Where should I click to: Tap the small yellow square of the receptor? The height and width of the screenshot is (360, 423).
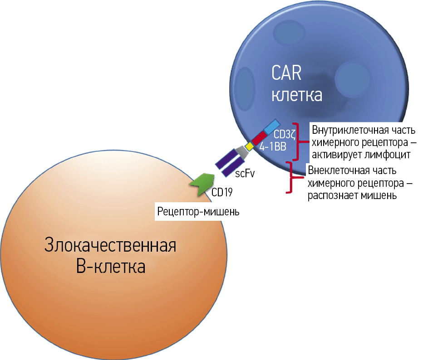[x=249, y=146]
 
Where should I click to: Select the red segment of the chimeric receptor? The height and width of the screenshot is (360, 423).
[x=259, y=137]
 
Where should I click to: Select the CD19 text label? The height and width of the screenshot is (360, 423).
[x=222, y=192]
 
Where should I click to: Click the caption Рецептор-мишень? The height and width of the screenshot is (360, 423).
[x=198, y=211]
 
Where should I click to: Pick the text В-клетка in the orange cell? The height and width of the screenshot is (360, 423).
[x=110, y=267]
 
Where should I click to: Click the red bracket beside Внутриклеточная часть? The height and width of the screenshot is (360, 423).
[x=296, y=141]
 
